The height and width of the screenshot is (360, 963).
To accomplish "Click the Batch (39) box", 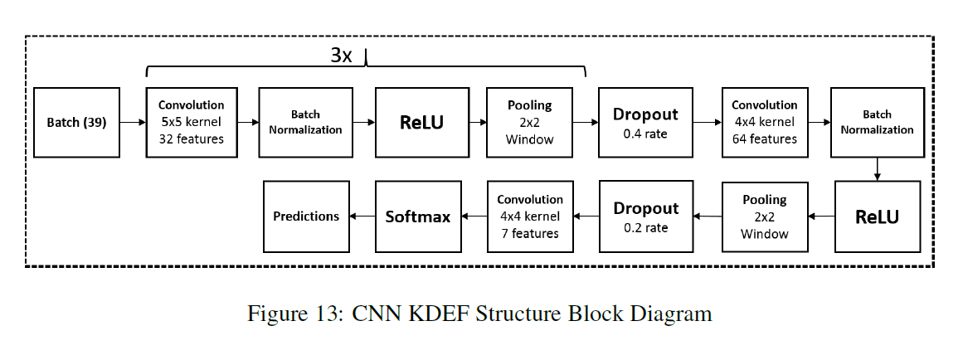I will (76, 122).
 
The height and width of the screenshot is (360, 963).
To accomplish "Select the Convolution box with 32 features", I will (191, 122).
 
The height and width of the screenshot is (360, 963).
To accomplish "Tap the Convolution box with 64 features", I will (764, 122).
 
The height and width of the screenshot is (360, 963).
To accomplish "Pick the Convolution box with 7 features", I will (530, 216).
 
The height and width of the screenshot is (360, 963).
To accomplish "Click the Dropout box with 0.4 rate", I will (644, 122).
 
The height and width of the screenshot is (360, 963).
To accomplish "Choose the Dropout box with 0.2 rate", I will (644, 216).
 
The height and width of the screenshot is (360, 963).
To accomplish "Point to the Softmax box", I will (417, 216).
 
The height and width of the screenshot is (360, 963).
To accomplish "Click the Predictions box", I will (306, 216).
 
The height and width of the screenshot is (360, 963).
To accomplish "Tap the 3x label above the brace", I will (342, 56).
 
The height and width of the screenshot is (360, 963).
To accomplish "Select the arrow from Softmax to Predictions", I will (362, 216).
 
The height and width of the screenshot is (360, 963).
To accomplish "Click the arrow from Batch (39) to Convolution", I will (133, 123).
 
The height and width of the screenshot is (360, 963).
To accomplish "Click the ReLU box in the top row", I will (421, 122).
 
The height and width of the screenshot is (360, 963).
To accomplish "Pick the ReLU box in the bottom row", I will (877, 216).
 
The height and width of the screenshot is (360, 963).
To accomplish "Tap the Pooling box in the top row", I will (529, 122).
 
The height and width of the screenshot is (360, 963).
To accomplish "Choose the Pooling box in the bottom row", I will (764, 216).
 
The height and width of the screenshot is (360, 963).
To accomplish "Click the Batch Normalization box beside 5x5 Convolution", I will (305, 122).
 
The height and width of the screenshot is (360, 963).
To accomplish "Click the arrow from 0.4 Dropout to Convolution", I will (707, 123).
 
